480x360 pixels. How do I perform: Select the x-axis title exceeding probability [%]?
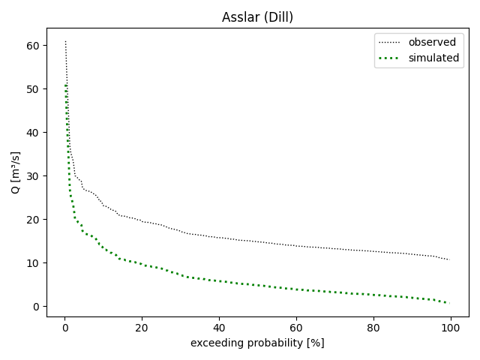(x=257, y=343)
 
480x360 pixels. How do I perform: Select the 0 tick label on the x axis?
(x=64, y=327)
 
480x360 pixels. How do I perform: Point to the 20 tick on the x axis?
(x=142, y=327)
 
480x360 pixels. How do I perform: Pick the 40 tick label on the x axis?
(x=219, y=327)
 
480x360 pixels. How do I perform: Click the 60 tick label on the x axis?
(x=296, y=327)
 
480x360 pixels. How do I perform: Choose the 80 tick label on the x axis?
(x=373, y=327)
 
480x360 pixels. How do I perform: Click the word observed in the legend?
(x=432, y=42)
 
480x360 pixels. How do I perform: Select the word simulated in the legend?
(x=433, y=58)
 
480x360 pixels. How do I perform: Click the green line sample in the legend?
(x=391, y=58)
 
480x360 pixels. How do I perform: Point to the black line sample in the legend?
(x=391, y=42)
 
